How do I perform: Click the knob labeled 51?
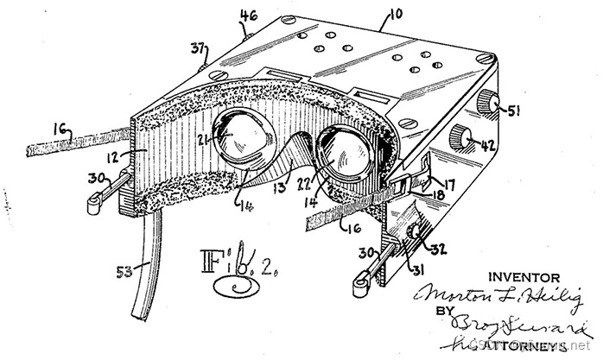tap(492, 104)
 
